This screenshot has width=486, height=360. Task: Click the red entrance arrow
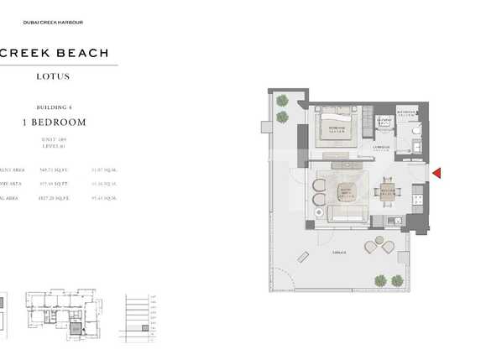436,174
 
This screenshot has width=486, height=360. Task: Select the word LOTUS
53,76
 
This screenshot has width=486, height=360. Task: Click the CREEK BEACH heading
55,53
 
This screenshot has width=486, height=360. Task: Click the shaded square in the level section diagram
144,327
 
